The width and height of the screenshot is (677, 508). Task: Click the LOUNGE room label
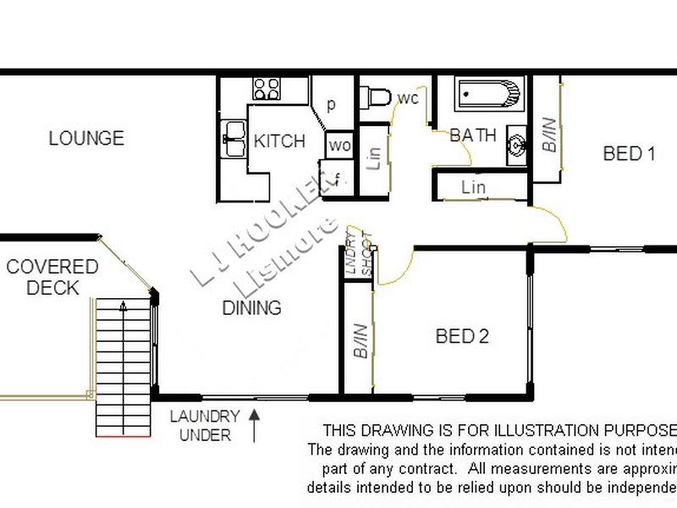click(86, 138)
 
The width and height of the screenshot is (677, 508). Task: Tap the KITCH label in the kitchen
click(279, 141)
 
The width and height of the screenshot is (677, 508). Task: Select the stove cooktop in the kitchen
click(267, 88)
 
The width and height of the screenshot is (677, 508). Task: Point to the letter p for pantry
click(332, 105)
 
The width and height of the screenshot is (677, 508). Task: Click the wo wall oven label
click(339, 146)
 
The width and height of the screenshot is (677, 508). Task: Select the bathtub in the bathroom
click(489, 95)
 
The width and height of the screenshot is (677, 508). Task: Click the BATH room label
click(472, 135)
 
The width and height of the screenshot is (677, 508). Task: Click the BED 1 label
click(629, 154)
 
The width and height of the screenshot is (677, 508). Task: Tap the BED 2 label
click(462, 337)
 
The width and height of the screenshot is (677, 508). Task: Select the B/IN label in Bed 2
click(361, 339)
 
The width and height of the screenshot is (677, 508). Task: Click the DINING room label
click(251, 308)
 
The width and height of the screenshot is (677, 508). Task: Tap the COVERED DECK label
click(52, 277)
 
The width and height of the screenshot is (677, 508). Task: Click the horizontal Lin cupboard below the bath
click(474, 186)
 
